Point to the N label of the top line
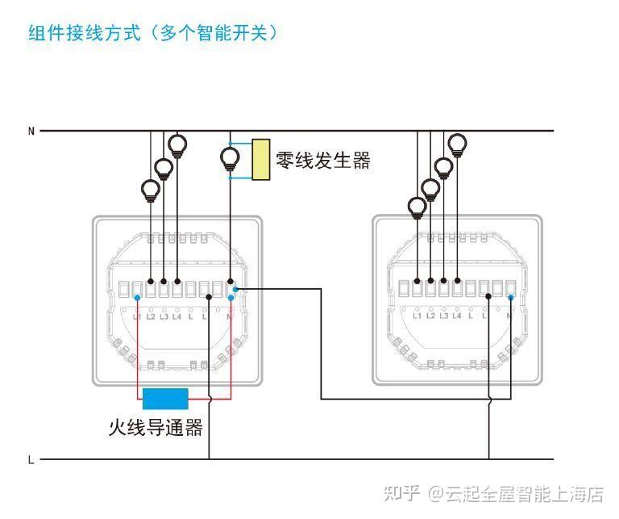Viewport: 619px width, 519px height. click(31, 131)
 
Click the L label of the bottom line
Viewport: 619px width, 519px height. click(31, 460)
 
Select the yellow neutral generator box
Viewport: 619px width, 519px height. click(260, 159)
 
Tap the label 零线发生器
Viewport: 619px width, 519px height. click(323, 160)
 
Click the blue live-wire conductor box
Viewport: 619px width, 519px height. click(165, 399)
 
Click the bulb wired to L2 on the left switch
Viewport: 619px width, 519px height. click(150, 191)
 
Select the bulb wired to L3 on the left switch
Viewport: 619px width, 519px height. click(164, 170)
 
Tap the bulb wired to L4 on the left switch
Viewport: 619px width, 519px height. click(177, 147)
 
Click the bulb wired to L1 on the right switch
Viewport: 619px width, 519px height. click(417, 208)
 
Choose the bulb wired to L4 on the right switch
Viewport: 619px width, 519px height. click(457, 146)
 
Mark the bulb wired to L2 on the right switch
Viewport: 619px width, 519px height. click(430, 190)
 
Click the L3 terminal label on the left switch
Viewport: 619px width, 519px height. click(164, 316)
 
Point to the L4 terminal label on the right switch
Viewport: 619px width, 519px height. click(457, 316)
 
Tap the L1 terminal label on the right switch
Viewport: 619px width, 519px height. click(417, 316)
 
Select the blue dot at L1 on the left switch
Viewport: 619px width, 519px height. click(137, 298)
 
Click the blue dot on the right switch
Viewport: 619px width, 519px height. click(510, 297)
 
